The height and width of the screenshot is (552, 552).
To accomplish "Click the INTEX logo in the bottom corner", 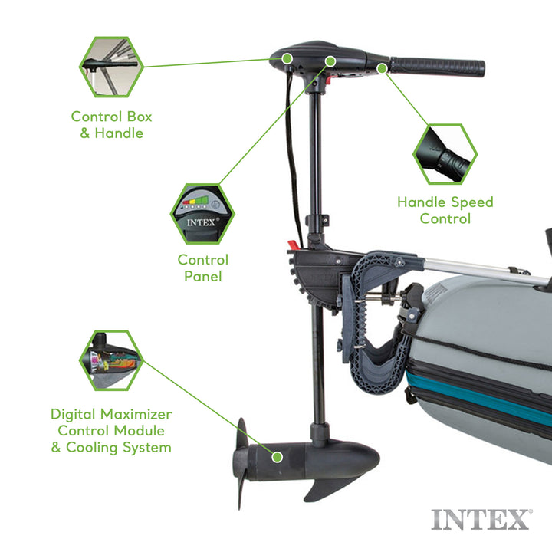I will pos(481,519).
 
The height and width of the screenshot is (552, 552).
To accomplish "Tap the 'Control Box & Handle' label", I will pos(111,124).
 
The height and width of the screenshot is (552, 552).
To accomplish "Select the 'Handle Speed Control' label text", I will pos(445,210).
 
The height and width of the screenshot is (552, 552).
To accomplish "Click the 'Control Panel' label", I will pos(202,268).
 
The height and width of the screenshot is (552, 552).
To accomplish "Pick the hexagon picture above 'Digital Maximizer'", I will pos(110,360).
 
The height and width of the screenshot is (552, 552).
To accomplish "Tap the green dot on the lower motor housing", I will pos(278,457).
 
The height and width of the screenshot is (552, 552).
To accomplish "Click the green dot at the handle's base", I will pos(382,67).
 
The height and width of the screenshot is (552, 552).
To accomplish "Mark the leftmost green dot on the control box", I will pos(286,58).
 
